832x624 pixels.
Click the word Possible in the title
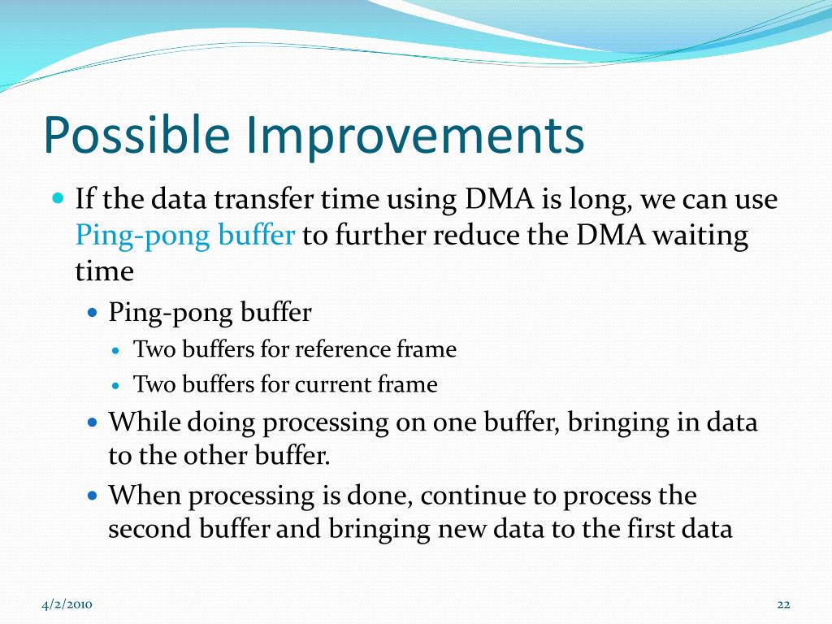(136, 136)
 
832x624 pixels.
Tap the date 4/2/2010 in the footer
(67, 604)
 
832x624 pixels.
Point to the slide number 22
(784, 604)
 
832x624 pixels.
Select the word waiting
(700, 236)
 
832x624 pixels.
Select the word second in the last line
(149, 529)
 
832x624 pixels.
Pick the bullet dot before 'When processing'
(93, 496)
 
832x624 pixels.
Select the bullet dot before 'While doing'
(93, 422)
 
